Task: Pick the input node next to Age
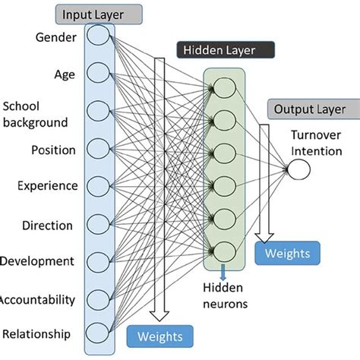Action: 98,73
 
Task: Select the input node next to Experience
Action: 98,185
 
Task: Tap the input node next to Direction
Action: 98,223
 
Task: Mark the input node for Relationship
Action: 98,332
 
